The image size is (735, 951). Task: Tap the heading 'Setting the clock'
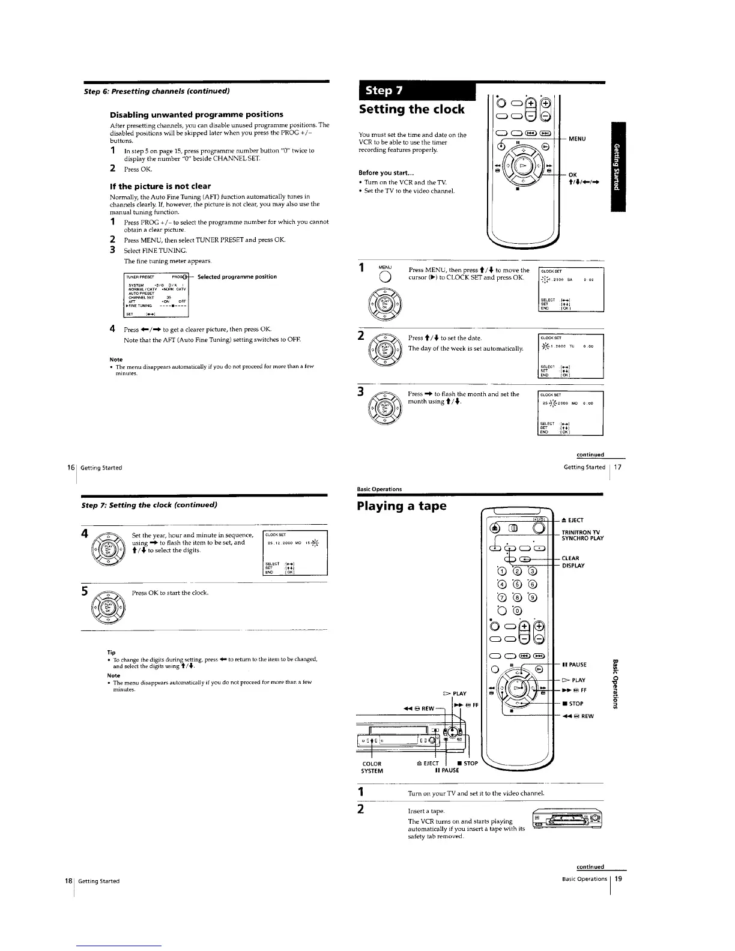point(411,109)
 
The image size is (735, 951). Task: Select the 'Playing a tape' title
point(402,506)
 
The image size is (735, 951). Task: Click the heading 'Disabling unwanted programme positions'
point(196,114)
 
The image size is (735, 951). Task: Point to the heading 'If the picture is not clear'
point(160,186)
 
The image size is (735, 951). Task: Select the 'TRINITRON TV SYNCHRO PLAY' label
point(582,535)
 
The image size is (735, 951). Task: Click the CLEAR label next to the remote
point(570,558)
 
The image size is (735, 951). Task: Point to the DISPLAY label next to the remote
point(573,566)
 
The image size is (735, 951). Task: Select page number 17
point(617,466)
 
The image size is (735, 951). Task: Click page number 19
point(617,879)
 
